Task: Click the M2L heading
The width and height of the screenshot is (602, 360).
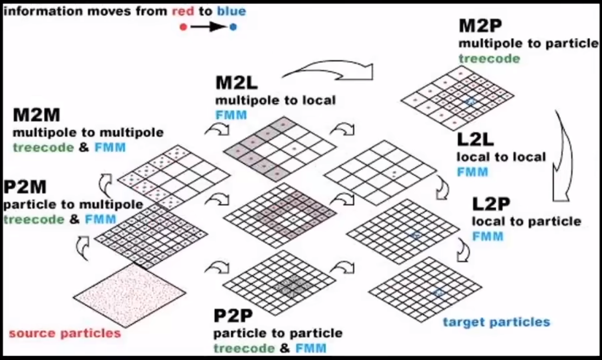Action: [x=236, y=83]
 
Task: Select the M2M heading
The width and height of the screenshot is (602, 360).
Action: [x=36, y=115]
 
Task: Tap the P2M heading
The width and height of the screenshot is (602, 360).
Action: [x=25, y=187]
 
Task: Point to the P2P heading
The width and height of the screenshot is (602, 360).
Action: [x=233, y=316]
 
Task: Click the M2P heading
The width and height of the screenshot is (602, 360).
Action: [x=480, y=26]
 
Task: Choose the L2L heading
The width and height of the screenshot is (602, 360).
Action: [x=475, y=139]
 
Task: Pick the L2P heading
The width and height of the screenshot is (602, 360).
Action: [x=491, y=204]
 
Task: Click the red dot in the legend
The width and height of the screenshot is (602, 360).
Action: [x=183, y=27]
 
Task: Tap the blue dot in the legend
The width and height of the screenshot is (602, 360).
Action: [x=233, y=27]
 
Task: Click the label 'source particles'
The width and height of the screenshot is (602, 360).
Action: [x=65, y=333]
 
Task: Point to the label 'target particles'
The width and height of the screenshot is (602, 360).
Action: [x=497, y=322]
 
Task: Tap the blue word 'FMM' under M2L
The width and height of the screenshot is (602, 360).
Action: [x=231, y=115]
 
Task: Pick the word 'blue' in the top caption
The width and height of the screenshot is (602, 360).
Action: [x=231, y=11]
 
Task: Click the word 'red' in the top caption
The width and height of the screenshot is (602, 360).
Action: [x=183, y=11]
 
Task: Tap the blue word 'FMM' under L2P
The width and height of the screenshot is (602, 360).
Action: [x=487, y=236]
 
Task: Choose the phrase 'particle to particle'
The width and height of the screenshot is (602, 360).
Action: [x=278, y=333]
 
